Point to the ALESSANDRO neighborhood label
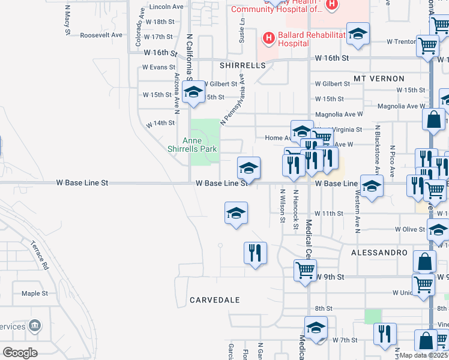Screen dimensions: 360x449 coord(379,253)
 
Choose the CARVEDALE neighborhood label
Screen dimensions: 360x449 coord(215,299)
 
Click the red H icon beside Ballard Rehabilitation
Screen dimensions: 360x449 coord(269,39)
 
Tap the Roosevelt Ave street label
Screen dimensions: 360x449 coord(101,35)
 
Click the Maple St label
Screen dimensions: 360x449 coord(34,293)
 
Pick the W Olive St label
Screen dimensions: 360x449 coord(409,229)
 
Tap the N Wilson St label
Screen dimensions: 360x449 coord(282,206)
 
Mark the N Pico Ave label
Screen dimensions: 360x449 coord(391,158)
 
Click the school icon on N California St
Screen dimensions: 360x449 coord(193,93)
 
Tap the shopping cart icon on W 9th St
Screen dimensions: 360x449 coord(305,270)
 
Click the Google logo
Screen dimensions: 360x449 coord(20,352)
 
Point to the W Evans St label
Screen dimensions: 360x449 coord(159,67)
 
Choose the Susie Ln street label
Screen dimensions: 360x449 coord(242,29)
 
